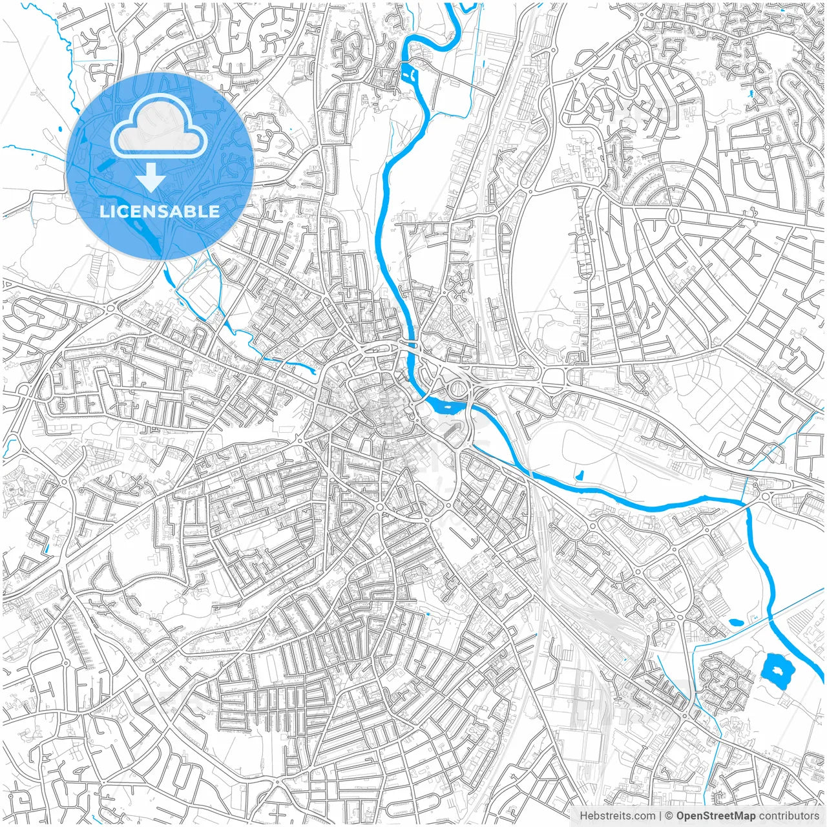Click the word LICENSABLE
[160, 211]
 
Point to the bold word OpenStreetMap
[715, 816]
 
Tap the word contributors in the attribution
[789, 816]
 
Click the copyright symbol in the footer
[669, 816]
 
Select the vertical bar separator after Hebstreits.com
[660, 816]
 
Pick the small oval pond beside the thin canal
[735, 623]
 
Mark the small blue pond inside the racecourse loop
[579, 476]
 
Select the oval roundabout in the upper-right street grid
[675, 215]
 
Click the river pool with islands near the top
[410, 72]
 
